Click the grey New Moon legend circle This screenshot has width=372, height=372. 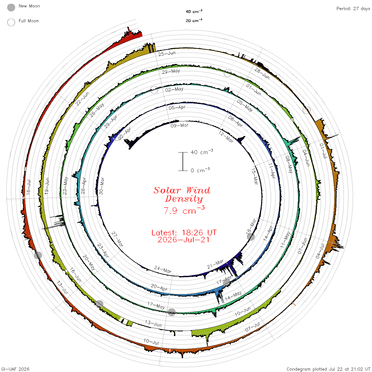(11, 7)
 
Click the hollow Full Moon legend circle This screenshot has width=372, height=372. (11, 22)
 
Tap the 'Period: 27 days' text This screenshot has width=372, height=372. (353, 9)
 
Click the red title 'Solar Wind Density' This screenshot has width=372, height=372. (182, 195)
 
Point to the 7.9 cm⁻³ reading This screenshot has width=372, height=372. (184, 210)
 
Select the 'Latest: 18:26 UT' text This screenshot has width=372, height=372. (184, 233)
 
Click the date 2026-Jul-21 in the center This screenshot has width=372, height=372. (184, 240)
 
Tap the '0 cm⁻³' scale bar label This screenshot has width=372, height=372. (200, 170)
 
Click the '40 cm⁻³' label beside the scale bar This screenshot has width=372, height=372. (202, 152)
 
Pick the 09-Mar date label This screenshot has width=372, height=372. (180, 125)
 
